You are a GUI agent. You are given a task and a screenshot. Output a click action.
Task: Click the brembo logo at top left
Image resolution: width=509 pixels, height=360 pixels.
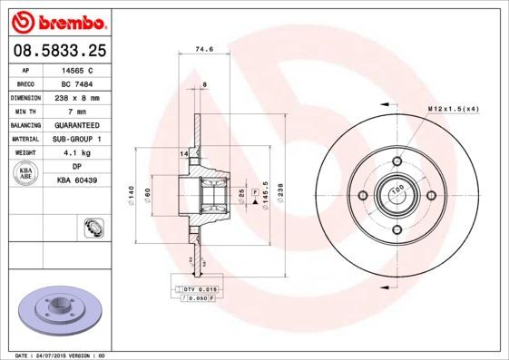pyautogui.click(x=56, y=19)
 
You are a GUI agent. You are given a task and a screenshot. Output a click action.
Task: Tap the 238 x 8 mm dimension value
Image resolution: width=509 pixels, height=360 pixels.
pyautogui.click(x=81, y=96)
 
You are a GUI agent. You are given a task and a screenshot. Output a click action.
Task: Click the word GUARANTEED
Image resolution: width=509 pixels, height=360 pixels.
pyautogui.click(x=81, y=124)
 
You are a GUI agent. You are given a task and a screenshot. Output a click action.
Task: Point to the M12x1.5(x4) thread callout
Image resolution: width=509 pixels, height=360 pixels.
pyautogui.click(x=454, y=110)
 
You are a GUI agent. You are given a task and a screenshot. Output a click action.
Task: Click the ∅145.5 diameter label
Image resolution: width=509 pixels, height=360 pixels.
pyautogui.click(x=265, y=194)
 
